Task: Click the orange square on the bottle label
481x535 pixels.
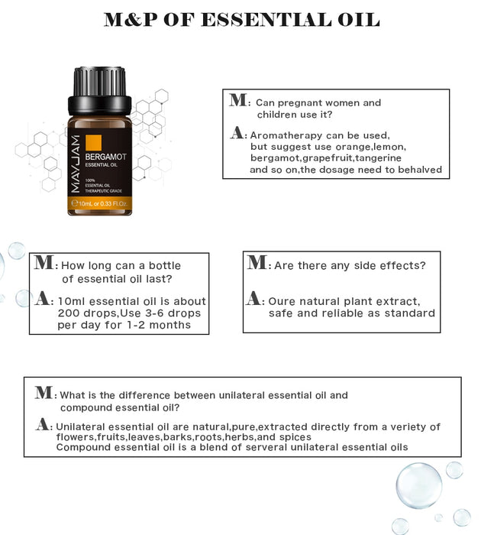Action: click(x=94, y=142)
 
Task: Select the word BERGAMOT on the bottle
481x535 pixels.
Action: click(x=105, y=157)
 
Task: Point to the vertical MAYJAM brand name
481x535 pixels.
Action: click(x=76, y=164)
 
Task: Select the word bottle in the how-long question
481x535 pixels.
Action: click(x=165, y=265)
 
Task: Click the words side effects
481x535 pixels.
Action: click(x=389, y=265)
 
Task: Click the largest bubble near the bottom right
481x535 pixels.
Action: click(x=419, y=485)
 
